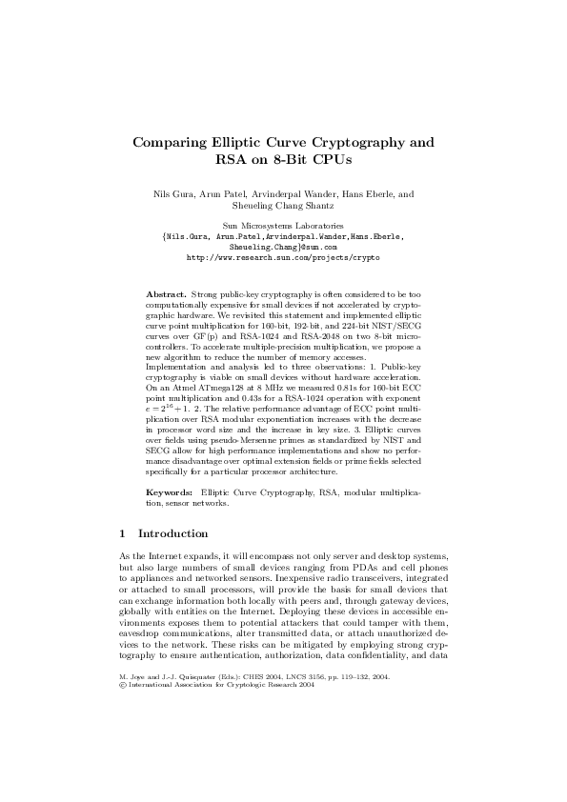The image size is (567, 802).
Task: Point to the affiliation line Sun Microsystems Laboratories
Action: (x=283, y=225)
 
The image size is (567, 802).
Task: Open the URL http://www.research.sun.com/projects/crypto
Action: (x=283, y=257)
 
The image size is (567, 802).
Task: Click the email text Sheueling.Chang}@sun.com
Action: (x=283, y=246)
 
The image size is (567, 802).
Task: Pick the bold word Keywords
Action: (x=169, y=491)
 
